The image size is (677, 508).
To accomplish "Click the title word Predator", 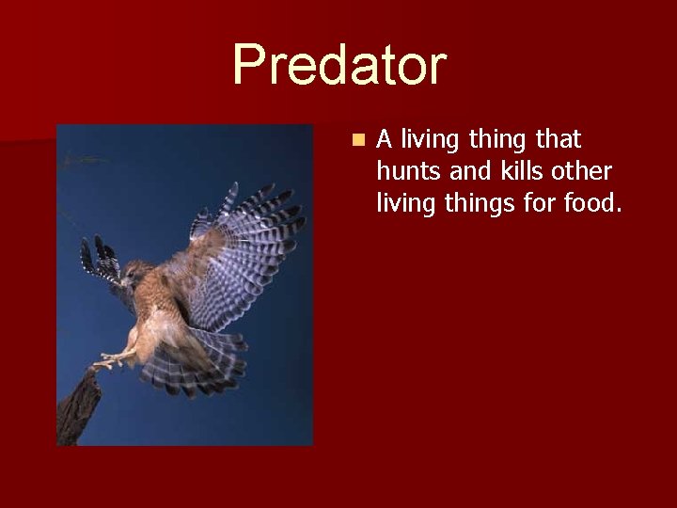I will point(338,66).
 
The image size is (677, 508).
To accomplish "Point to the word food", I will point(590,202).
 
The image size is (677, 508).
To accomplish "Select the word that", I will point(559,140).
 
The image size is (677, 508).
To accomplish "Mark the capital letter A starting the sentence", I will point(384,140).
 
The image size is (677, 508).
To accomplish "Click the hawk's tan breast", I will point(150,315).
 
